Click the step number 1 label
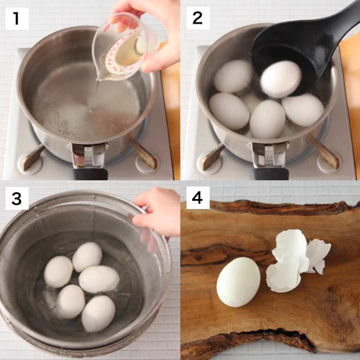pos(17,18)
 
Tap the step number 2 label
pos(198,18)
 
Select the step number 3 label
pos(17,198)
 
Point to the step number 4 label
pos(198,198)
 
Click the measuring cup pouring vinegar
pos(125,47)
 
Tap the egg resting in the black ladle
pos(281,79)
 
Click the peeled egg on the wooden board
pos(238,282)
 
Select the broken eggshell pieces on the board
pos(296,261)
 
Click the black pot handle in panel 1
pos(89,174)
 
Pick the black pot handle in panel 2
pos(269,174)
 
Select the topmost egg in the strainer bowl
pos(87,257)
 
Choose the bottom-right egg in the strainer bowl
pos(98,314)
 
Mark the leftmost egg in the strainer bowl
pos(59,271)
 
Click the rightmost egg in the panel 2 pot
pos(303,110)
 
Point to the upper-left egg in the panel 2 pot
pos(233,76)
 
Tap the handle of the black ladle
pos(344,21)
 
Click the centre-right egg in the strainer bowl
pos(99,279)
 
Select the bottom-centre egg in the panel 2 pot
pos(268,119)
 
